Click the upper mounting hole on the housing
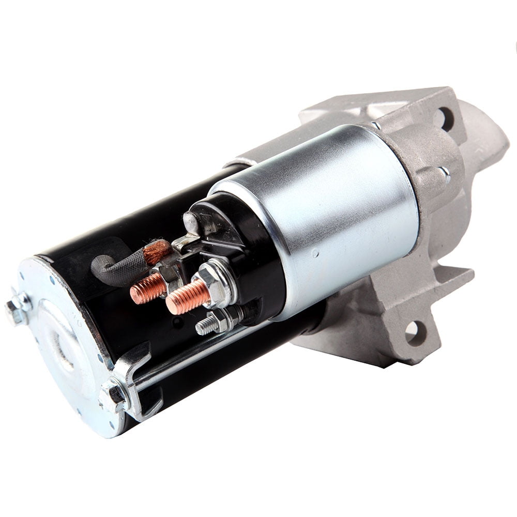click(x=443, y=118)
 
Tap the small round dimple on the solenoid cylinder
click(x=316, y=254)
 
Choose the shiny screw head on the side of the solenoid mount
click(x=444, y=174)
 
